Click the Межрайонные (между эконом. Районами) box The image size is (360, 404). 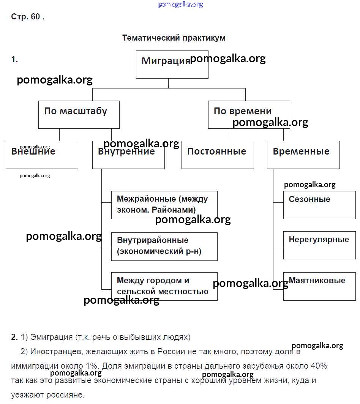click(x=164, y=205)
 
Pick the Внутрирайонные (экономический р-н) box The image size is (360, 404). click(x=164, y=246)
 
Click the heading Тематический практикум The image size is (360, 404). click(x=174, y=38)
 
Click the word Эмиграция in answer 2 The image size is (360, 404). click(x=52, y=337)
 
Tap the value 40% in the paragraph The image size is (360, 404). click(x=318, y=366)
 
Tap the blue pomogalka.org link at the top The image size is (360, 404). click(x=180, y=5)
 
